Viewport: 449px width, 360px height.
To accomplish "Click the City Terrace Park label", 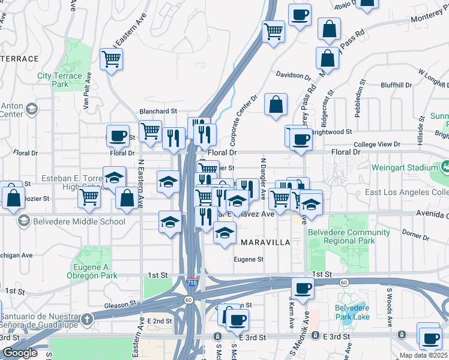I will click(x=59, y=80).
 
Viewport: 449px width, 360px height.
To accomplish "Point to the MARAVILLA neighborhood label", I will click(x=265, y=242).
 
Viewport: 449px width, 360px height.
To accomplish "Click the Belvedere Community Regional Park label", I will click(x=341, y=236).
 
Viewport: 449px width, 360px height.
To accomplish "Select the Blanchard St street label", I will click(x=158, y=111).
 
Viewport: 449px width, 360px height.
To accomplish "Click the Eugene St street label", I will click(x=249, y=259).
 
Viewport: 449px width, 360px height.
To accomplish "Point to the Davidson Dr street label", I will click(x=294, y=76).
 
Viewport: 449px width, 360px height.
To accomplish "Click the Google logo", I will click(x=20, y=353).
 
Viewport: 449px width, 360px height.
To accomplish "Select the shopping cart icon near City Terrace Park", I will click(x=111, y=59).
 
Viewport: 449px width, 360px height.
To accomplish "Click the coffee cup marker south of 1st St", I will click(x=303, y=288).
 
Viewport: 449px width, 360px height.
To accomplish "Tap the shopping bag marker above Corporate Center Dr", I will click(x=275, y=104).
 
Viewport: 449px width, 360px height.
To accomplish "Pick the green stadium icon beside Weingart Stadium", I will click(x=446, y=166).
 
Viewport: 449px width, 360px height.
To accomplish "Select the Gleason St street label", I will click(x=117, y=305).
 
